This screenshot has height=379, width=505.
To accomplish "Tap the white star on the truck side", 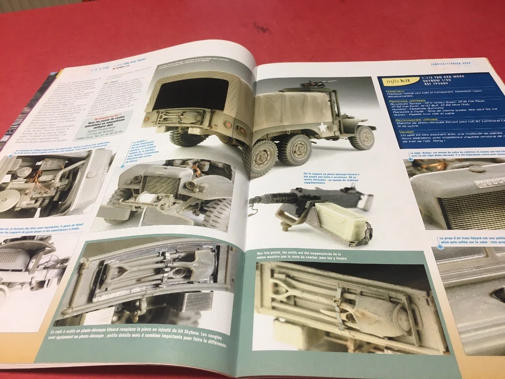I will click(x=321, y=126).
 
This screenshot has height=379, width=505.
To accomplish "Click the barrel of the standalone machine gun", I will click(x=268, y=198).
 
